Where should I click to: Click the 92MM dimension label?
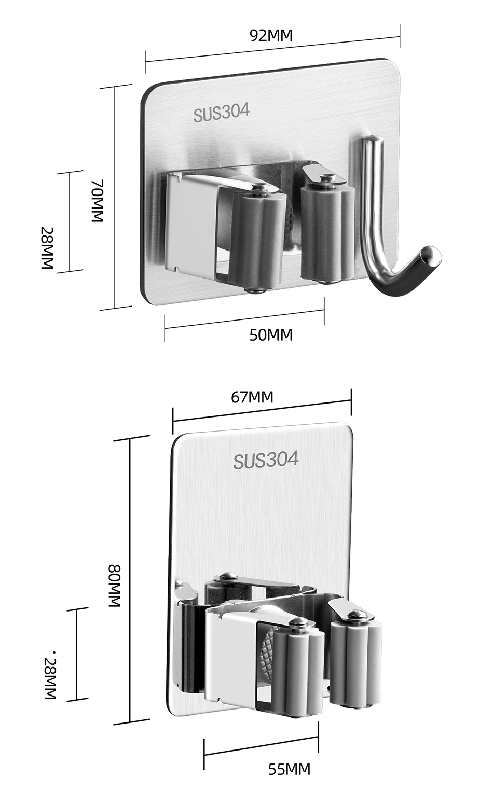[271, 36]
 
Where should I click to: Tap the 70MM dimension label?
[98, 201]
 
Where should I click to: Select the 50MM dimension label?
[271, 335]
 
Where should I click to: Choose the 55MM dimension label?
[289, 769]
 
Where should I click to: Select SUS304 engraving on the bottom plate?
[266, 460]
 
